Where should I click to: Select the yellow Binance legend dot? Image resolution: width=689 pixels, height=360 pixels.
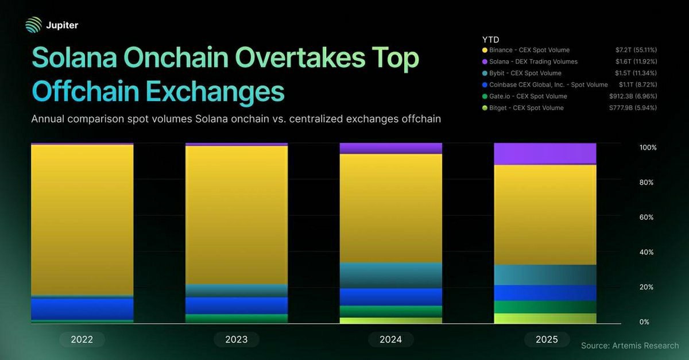click(486, 51)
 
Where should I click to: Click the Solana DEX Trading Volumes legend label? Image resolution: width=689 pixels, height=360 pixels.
click(534, 61)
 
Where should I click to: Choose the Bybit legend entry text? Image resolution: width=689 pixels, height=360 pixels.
click(526, 73)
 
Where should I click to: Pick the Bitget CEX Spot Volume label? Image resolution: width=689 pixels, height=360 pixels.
click(528, 108)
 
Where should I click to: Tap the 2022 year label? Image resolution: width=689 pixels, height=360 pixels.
click(82, 339)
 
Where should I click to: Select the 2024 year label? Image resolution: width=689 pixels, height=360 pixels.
click(390, 339)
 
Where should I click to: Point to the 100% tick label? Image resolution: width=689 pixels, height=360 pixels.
click(648, 148)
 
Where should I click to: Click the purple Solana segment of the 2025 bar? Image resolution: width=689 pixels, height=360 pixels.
click(545, 153)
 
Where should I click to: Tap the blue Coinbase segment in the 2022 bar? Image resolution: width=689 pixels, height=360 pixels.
click(82, 308)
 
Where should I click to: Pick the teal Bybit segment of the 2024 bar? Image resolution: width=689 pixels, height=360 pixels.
click(390, 275)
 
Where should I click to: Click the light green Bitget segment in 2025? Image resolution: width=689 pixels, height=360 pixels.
click(545, 318)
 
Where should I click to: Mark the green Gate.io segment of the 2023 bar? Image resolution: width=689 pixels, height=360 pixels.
click(237, 318)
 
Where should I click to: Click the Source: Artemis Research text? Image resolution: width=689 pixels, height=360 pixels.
click(630, 346)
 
